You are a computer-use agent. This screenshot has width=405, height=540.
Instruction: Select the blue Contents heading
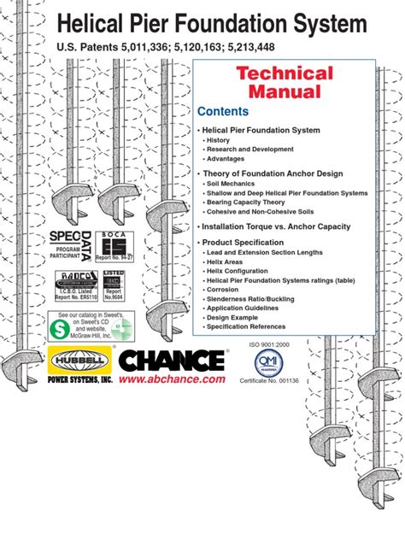click(x=223, y=112)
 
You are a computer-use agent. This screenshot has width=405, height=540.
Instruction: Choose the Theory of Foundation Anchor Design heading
click(x=272, y=173)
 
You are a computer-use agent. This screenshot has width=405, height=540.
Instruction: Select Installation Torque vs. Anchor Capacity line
click(x=275, y=226)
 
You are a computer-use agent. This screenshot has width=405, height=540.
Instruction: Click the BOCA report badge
click(x=114, y=244)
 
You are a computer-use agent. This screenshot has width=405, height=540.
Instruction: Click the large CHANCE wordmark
click(x=171, y=358)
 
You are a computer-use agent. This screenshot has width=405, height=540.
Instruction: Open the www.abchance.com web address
click(x=173, y=379)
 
